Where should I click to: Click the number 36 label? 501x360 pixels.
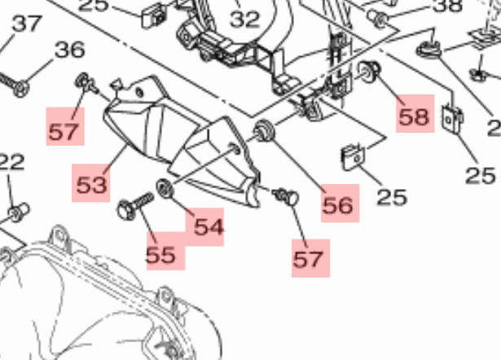70,50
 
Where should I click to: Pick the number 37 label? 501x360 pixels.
27,24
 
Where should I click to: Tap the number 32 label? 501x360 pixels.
244,20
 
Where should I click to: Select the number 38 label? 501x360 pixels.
447,6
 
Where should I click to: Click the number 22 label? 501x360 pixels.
12,162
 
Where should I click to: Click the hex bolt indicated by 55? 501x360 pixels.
135,206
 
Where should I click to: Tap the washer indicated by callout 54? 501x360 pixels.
165,188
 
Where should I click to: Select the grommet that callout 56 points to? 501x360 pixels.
264,130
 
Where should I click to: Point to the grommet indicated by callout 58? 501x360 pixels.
369,71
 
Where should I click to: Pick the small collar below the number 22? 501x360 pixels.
19,212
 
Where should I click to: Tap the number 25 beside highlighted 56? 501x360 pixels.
392,197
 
